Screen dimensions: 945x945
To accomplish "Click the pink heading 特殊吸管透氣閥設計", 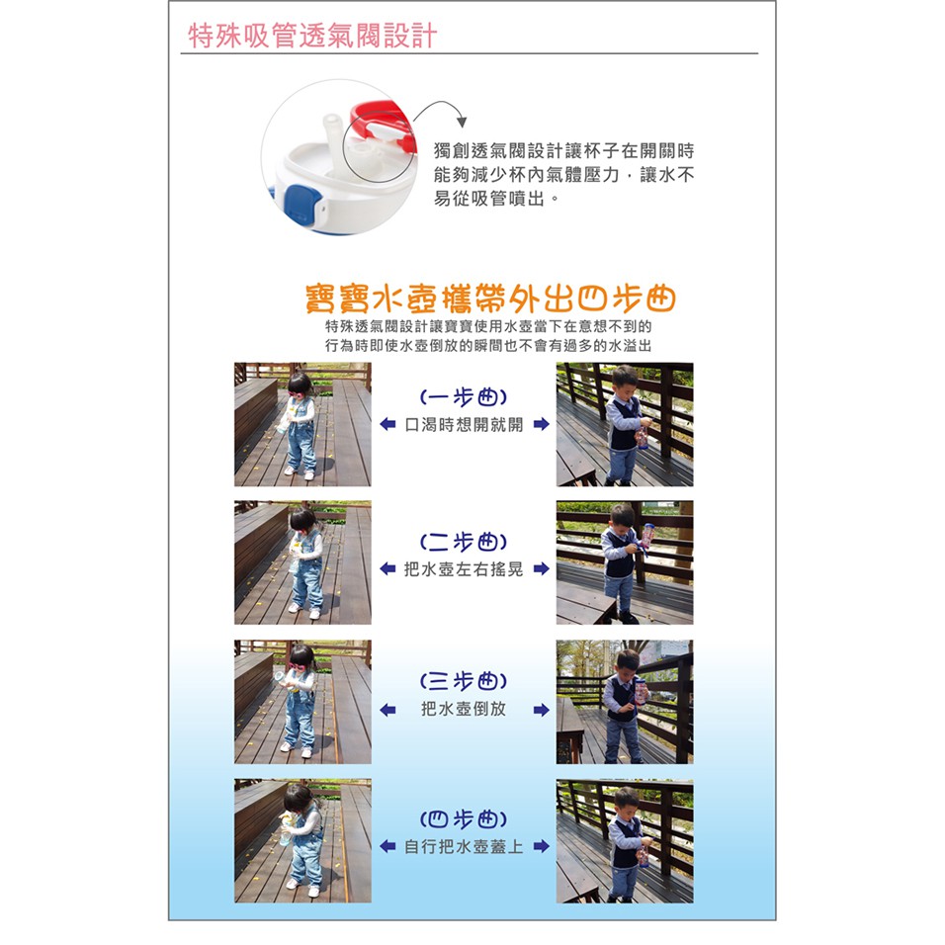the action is (312, 36).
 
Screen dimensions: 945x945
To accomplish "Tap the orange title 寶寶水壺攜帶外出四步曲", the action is (490, 299).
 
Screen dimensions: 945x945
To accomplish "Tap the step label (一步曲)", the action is (463, 397).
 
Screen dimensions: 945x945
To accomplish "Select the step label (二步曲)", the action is (463, 542).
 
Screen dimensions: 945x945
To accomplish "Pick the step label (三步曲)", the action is (463, 681).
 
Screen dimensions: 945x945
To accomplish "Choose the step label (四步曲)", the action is (463, 819).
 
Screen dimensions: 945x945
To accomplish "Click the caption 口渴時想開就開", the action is (464, 424).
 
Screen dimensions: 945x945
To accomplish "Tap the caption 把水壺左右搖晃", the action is (464, 569).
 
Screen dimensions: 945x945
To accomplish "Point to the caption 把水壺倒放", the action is (464, 709).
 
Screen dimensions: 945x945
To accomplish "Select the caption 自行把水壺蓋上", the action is (464, 847).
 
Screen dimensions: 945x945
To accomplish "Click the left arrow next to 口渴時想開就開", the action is (387, 424).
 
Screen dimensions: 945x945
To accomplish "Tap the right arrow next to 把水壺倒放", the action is (542, 710).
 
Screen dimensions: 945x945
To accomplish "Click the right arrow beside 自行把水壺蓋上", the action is (542, 846).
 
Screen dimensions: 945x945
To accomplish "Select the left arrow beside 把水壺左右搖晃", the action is (387, 568).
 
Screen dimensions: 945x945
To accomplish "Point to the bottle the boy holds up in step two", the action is (647, 535).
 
